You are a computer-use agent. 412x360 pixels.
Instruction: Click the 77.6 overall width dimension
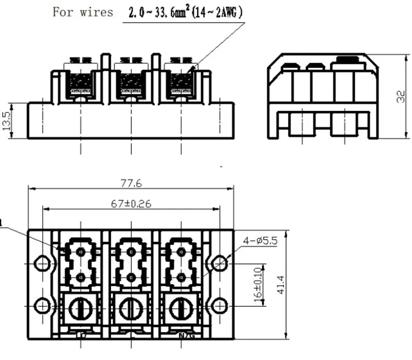click(131, 183)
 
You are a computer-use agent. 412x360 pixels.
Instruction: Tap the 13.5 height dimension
click(7, 121)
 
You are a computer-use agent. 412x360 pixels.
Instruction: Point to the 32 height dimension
click(401, 97)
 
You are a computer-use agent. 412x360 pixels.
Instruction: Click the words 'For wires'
click(82, 12)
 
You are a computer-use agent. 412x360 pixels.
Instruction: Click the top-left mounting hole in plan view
click(42, 263)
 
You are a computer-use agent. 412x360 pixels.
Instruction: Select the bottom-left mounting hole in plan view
click(42, 305)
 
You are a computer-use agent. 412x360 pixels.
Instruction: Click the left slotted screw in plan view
click(81, 308)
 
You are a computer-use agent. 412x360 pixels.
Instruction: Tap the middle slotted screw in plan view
click(130, 308)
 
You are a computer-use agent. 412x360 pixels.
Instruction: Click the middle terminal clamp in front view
click(130, 82)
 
